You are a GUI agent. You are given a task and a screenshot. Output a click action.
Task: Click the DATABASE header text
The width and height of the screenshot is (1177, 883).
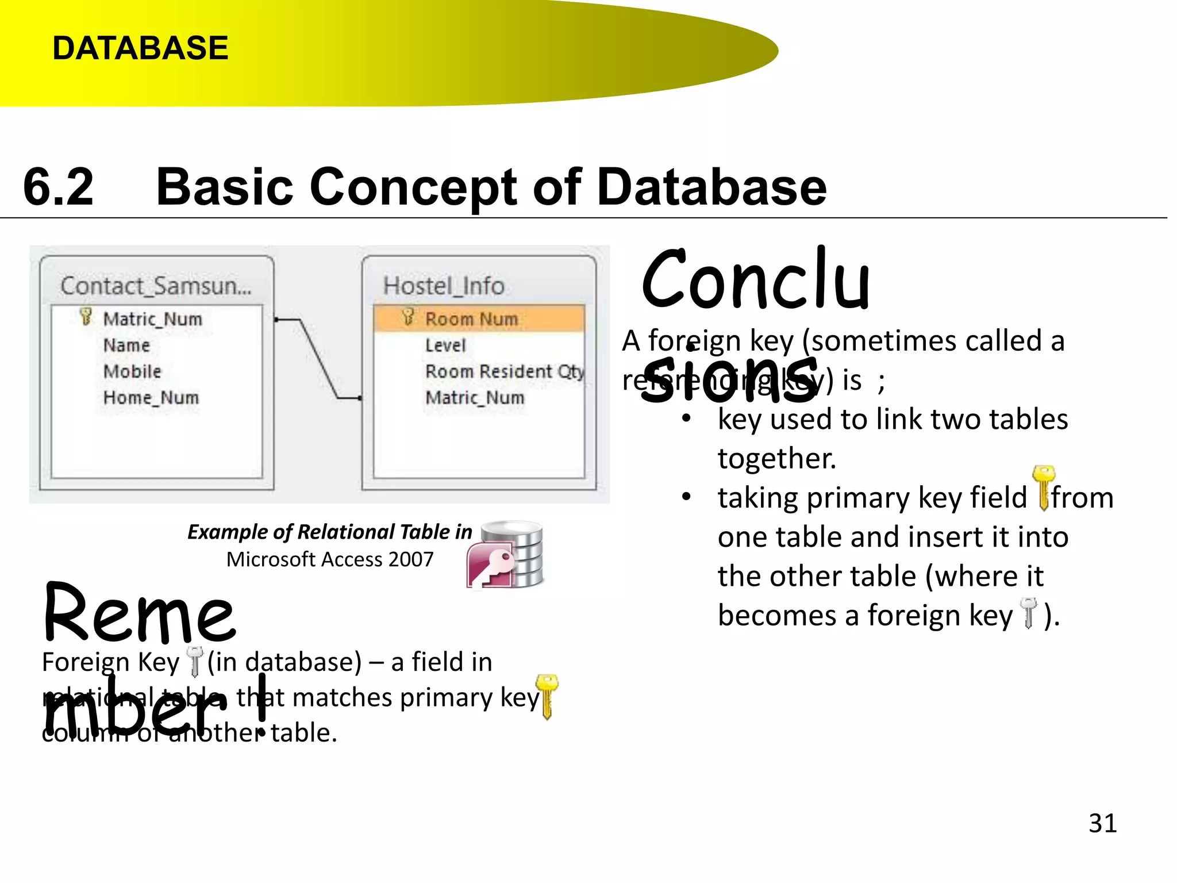coord(140,48)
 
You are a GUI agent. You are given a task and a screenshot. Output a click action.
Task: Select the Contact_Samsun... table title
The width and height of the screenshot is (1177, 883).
coord(156,286)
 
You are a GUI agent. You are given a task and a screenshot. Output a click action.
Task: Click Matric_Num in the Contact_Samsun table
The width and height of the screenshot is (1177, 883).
coord(152,318)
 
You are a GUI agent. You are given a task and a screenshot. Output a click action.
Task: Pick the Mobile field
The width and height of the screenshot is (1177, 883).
coord(132,371)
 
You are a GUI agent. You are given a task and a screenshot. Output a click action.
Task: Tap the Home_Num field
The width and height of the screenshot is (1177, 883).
coord(151,397)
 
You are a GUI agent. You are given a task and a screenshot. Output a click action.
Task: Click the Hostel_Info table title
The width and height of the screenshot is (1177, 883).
coord(444,286)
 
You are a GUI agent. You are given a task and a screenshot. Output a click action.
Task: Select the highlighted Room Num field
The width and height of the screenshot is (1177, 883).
coord(471,318)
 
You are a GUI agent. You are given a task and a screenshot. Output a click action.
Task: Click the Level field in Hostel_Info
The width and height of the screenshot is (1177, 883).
coord(445,345)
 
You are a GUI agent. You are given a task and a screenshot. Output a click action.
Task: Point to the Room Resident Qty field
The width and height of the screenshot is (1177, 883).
coord(505,371)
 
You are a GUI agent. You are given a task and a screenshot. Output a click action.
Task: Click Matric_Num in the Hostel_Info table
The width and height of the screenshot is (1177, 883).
coord(475,397)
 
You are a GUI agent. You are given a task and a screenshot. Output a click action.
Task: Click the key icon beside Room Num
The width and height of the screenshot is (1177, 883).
coord(408,317)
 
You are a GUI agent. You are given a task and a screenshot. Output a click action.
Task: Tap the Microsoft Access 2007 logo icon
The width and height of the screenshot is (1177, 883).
coord(505,555)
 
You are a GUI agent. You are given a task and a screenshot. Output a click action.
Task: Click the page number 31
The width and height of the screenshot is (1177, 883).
coord(1102,823)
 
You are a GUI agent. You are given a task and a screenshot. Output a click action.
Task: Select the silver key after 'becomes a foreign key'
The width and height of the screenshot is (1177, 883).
coord(1028,613)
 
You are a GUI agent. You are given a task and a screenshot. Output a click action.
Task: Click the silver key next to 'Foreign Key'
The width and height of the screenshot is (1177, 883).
coord(195,661)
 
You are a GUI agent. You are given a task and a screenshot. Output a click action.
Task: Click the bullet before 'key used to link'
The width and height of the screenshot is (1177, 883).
coord(686,419)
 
